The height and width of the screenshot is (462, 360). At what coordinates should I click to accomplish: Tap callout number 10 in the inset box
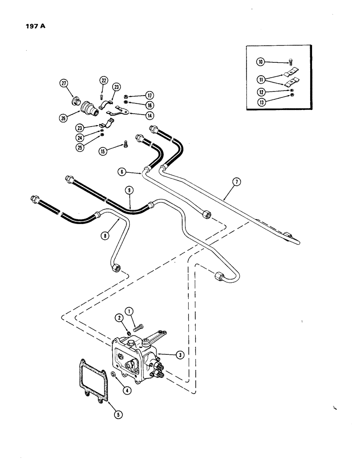pos(261,61)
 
